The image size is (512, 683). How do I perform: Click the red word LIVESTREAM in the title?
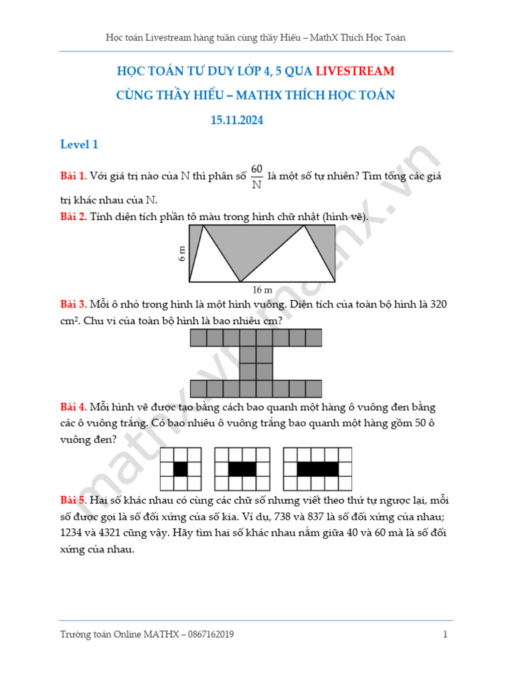355,71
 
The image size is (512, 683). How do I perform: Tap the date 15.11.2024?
237,120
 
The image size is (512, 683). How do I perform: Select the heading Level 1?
79,145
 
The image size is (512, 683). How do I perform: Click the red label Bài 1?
73,176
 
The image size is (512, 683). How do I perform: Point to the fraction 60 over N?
257,177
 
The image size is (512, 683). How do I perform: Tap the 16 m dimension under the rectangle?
262,289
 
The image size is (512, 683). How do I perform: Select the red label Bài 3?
73,304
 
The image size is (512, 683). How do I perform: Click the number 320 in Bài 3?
439,304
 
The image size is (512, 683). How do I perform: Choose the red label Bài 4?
73,407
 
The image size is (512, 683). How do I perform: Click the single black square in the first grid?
181,469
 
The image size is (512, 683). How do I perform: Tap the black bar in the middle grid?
242,469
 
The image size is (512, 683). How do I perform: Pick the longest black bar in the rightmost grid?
318,469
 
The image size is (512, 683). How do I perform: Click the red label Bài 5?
73,500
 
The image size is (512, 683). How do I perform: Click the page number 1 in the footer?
445,634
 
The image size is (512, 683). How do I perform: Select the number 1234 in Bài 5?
73,534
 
